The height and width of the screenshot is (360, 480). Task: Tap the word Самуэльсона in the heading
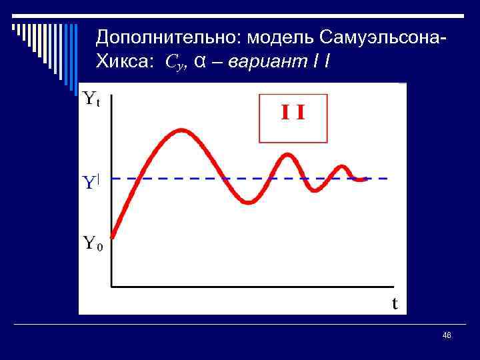click(381, 37)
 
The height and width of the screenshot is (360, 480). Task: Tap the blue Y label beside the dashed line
click(91, 182)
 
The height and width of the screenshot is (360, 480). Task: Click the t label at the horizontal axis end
click(395, 304)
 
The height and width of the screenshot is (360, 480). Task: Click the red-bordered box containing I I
click(293, 119)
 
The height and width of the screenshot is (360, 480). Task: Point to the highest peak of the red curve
click(180, 131)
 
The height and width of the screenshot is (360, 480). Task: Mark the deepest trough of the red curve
click(249, 202)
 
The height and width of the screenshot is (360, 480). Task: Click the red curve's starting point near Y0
click(112, 236)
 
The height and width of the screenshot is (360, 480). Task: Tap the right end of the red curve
click(367, 179)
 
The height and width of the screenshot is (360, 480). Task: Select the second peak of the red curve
click(288, 155)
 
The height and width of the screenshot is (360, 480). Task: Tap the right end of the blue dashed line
click(387, 179)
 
